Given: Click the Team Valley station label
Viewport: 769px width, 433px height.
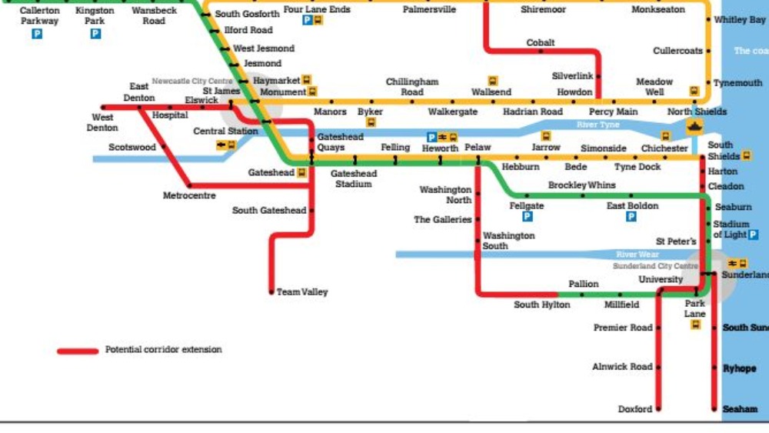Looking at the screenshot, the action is coord(302,292).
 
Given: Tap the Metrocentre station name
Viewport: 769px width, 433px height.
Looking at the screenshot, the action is coord(189,196).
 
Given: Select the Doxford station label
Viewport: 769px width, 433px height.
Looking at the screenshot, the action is coord(635,409).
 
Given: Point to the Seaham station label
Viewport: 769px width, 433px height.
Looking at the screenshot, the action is coord(740,409).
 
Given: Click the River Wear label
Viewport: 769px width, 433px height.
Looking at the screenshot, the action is coord(638,255).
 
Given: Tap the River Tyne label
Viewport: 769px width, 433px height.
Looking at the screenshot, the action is coord(598,125).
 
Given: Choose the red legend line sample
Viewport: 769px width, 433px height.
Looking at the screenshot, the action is coord(78,351).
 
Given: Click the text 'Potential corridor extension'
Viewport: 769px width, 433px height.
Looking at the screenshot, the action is coord(163,350).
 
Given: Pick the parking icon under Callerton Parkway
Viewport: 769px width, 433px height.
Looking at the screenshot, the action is coord(37,34).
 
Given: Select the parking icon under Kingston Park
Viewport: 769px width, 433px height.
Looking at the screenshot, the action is coord(95,34).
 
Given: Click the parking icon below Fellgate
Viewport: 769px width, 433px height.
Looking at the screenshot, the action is coord(527,217).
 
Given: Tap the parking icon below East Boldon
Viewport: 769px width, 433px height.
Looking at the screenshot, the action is coord(631,217).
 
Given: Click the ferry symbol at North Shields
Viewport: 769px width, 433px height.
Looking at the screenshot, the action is coord(696,127).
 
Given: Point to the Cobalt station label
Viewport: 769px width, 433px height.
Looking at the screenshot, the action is coord(541,43).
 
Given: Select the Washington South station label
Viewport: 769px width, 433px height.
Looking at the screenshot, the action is coord(508,241).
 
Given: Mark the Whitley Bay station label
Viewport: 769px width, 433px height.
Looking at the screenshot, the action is coord(739,20).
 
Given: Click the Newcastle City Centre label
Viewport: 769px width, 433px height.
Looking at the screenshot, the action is coord(191,81).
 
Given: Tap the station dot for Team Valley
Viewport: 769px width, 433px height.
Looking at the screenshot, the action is coord(271,292).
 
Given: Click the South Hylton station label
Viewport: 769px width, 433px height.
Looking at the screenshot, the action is coord(542,305).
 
